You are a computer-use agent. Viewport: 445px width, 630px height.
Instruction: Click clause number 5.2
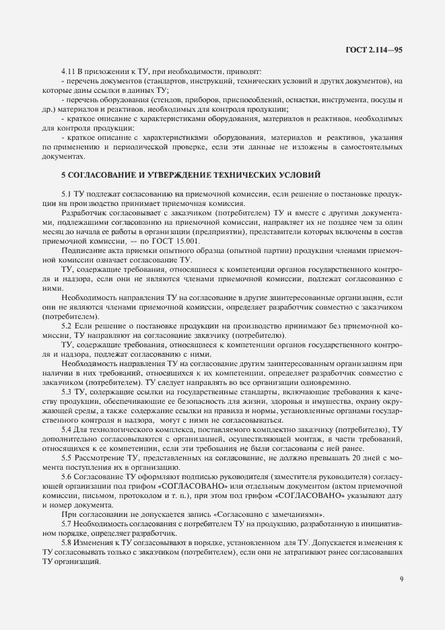tap(67, 326)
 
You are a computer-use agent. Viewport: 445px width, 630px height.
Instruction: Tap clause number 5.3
tap(67, 391)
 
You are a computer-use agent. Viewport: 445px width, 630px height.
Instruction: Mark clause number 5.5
tap(67, 458)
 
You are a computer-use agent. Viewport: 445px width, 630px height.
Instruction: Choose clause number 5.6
tap(67, 477)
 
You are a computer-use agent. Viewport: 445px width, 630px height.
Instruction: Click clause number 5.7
tap(67, 524)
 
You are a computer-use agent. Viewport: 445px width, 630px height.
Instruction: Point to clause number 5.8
tap(67, 542)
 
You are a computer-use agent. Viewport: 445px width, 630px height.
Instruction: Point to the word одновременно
tap(320, 382)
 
